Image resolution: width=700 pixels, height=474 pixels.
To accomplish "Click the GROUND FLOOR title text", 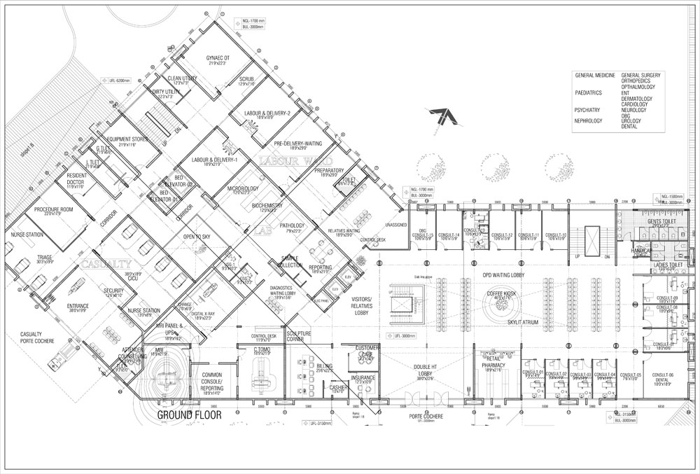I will click(x=189, y=414).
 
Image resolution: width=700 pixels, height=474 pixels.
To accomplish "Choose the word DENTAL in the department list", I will click(x=630, y=127).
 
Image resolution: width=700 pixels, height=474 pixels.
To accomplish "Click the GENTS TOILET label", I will click(x=661, y=221).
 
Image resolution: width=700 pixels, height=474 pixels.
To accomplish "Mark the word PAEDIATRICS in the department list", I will click(x=591, y=92).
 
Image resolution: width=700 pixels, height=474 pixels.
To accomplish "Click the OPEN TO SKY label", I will click(x=197, y=237).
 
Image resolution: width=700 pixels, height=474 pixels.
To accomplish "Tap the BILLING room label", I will click(x=325, y=366).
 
